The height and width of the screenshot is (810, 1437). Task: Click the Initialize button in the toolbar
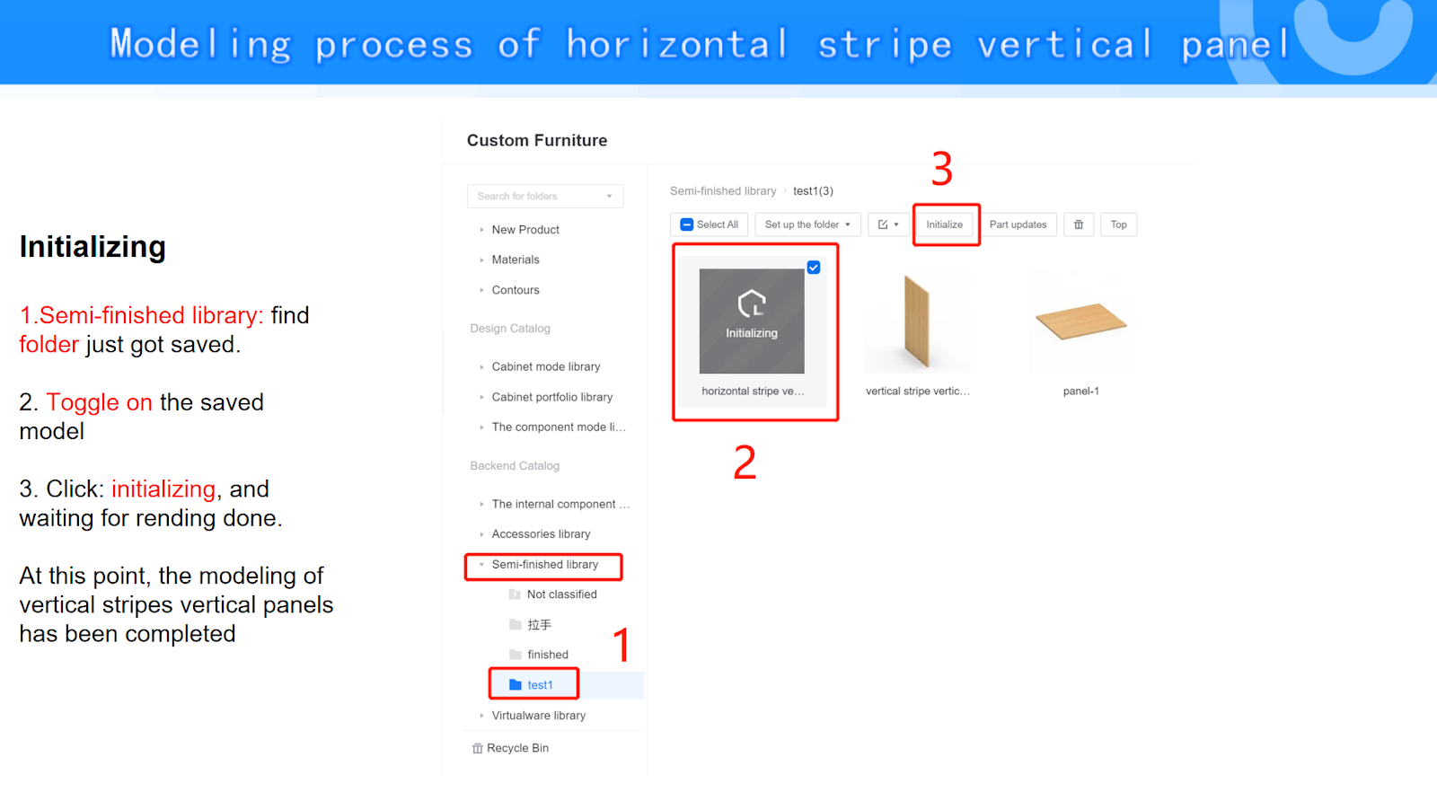tap(944, 225)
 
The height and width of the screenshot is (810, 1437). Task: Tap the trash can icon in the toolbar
tap(1079, 225)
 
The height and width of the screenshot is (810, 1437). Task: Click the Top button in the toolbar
tap(1118, 225)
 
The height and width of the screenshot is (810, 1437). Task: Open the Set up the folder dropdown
tap(807, 225)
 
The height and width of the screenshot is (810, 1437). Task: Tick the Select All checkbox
tap(686, 225)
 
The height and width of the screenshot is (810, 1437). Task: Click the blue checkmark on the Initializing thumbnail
tap(814, 268)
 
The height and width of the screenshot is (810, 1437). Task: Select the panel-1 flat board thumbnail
tap(1081, 321)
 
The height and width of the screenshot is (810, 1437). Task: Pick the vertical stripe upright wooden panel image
tap(917, 321)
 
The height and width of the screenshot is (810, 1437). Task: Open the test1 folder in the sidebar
tap(540, 685)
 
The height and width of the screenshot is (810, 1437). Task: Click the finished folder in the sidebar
tap(547, 654)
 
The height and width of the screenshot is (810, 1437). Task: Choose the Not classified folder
tap(561, 594)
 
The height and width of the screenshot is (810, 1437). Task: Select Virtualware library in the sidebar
tap(538, 715)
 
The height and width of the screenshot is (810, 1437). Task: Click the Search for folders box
tap(545, 197)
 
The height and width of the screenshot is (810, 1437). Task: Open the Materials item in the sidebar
tap(516, 260)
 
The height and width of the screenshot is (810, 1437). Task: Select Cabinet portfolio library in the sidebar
tap(551, 397)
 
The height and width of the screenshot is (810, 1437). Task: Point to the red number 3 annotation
tap(942, 169)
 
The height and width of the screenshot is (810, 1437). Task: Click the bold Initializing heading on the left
tap(93, 247)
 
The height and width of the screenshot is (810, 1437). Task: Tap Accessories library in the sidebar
tap(541, 533)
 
